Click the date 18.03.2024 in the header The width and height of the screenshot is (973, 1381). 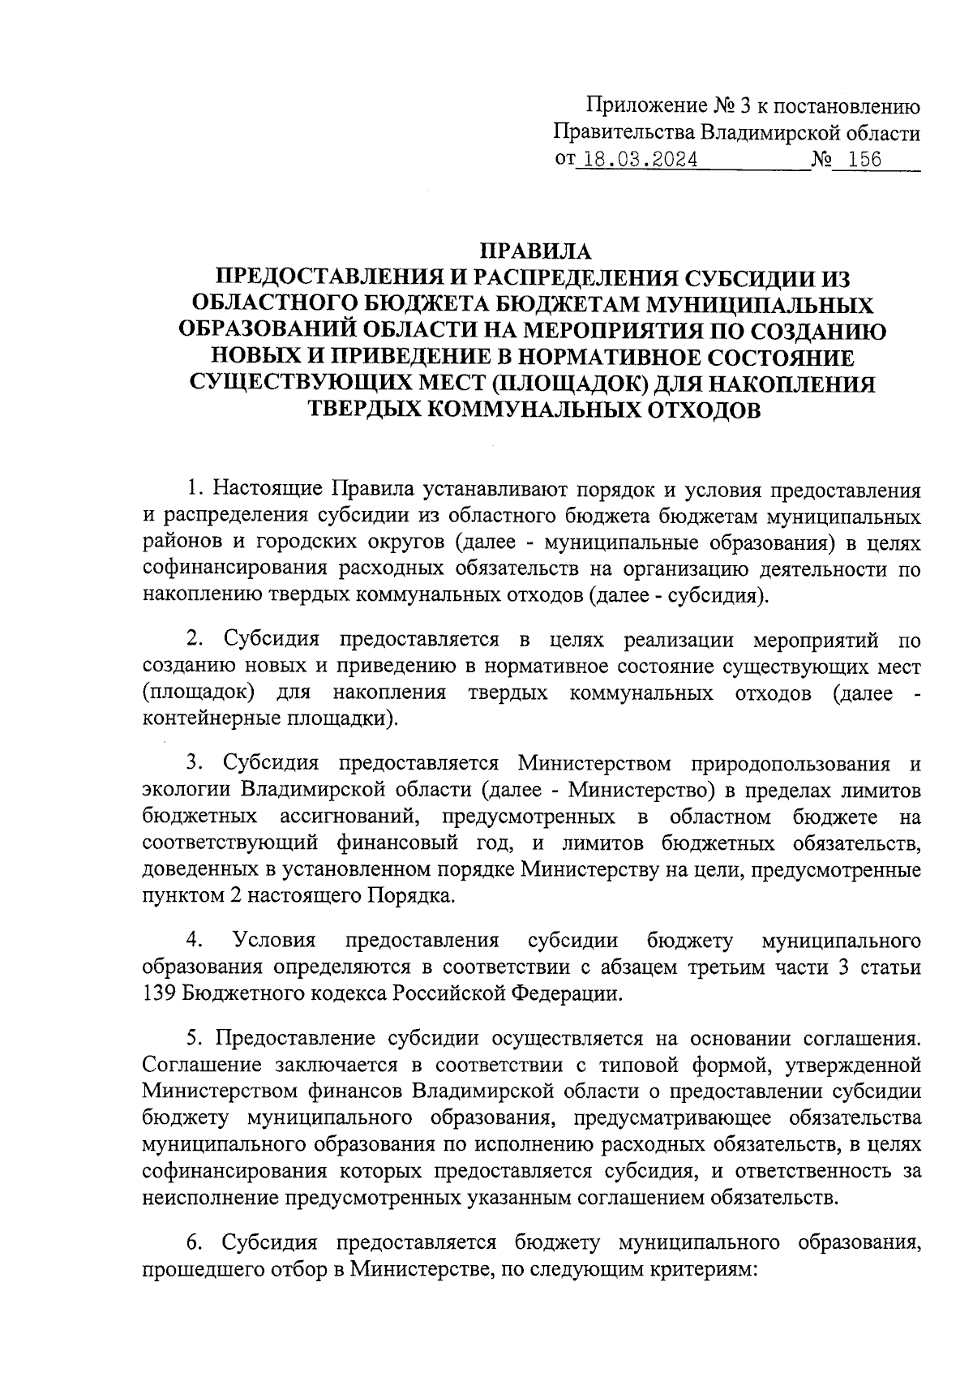coord(641,159)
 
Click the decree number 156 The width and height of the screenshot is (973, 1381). coord(863,159)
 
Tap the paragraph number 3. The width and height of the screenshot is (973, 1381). coord(193,763)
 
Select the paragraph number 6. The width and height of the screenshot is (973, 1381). coord(194,1242)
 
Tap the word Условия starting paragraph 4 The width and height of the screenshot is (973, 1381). coord(273,941)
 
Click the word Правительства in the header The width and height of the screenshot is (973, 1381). coord(622,132)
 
